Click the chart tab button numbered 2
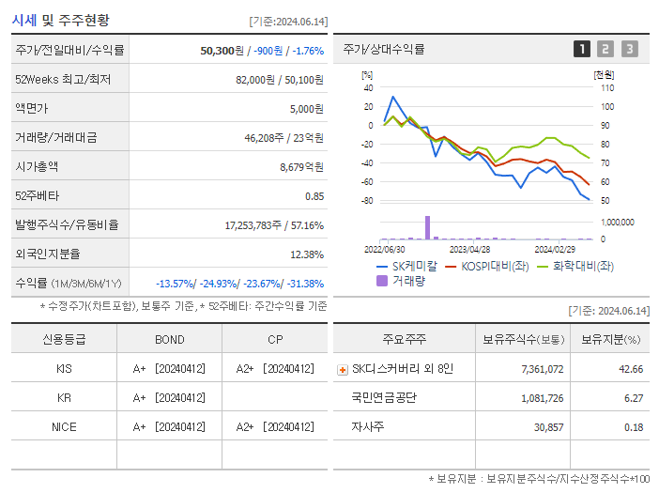coord(605,49)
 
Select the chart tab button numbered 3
coord(629,49)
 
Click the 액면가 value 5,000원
coord(306,109)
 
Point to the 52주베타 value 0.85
coord(314,196)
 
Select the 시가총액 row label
coord(37,167)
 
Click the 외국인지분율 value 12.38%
coord(307,254)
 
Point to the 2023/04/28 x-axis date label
coord(469,250)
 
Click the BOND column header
coord(169,339)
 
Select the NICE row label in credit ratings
coord(64,426)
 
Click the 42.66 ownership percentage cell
coord(631,369)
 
